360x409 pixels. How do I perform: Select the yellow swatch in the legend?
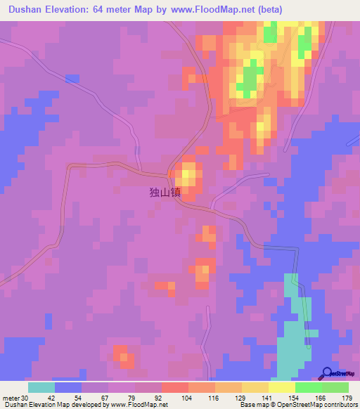click(281, 387)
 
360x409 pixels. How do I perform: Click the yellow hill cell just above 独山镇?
click(188, 173)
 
